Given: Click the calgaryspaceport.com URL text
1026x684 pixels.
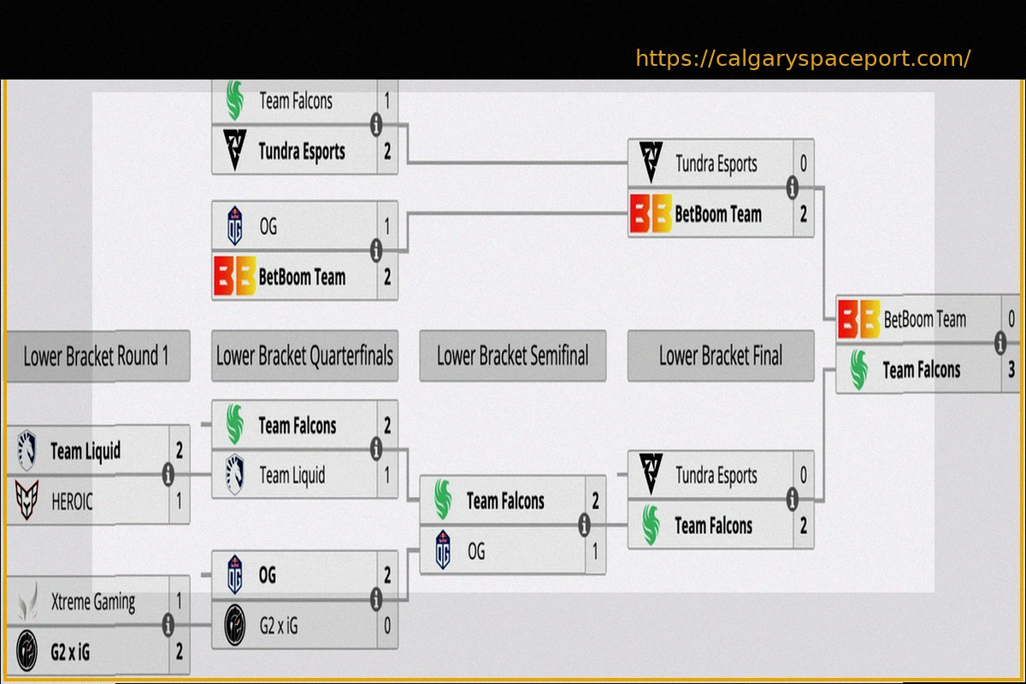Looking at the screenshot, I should pos(803,58).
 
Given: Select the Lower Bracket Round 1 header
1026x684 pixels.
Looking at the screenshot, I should pos(96,356).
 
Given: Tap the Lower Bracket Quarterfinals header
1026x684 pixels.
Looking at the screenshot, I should pos(304,356).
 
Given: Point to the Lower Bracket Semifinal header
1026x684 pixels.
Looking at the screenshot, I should pos(512,356).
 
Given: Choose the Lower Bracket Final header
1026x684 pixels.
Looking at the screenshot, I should pos(720,356).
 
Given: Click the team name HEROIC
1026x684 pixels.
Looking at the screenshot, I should pos(72,501).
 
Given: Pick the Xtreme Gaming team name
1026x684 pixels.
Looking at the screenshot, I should pos(92,602).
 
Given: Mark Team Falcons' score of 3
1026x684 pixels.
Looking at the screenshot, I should pos(1011,370).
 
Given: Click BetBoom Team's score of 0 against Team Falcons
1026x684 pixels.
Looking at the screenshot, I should pos(1011,320).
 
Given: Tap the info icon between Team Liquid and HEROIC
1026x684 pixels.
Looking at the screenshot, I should pos(168,475).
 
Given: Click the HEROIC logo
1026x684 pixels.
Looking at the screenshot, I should pos(27,501).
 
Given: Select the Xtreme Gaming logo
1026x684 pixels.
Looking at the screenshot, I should pos(27,601).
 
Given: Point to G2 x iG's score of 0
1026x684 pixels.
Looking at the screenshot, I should pos(387,626).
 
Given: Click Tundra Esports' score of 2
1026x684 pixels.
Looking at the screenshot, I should pos(387,151).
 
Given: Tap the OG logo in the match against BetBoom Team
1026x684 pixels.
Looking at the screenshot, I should pos(235,227).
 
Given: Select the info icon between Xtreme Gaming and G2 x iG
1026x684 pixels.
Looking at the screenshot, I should pos(168,626).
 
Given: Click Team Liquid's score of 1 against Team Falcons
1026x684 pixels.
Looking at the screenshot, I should pos(387,475).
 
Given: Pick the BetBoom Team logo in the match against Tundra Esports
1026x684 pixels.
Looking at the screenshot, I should pos(650,214).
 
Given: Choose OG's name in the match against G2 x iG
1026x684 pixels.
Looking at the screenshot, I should pos(268,575).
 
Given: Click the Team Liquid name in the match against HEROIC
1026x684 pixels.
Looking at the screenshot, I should pos(85,451).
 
